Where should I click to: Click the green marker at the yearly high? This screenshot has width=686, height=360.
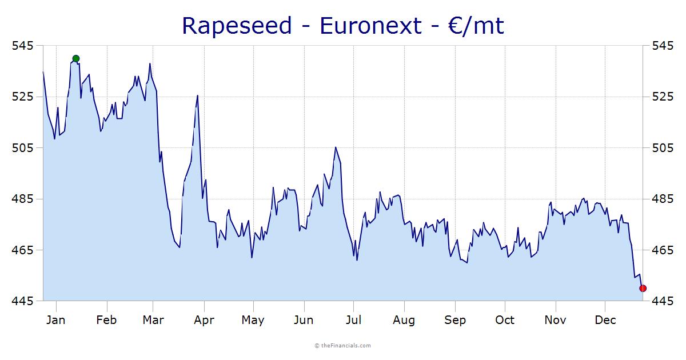(76, 58)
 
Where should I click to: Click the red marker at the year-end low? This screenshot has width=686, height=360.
(643, 288)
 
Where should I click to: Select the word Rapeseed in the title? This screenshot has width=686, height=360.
(236, 26)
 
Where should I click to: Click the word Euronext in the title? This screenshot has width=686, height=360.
(370, 26)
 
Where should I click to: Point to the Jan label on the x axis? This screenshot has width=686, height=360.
(55, 320)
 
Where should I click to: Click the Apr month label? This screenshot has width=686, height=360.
(204, 320)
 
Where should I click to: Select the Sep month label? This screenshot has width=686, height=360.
(455, 320)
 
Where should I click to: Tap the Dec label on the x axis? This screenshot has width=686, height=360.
(605, 320)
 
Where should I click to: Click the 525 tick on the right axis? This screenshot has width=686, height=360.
(663, 97)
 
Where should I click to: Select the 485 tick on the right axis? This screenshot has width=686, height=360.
(663, 199)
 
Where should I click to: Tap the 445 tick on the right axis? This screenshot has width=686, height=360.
(663, 301)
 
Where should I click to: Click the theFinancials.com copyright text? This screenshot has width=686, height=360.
(343, 345)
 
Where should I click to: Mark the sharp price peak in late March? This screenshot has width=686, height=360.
(197, 95)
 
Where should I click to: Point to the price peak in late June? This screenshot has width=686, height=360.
(336, 147)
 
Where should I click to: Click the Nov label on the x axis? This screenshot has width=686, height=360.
(555, 320)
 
